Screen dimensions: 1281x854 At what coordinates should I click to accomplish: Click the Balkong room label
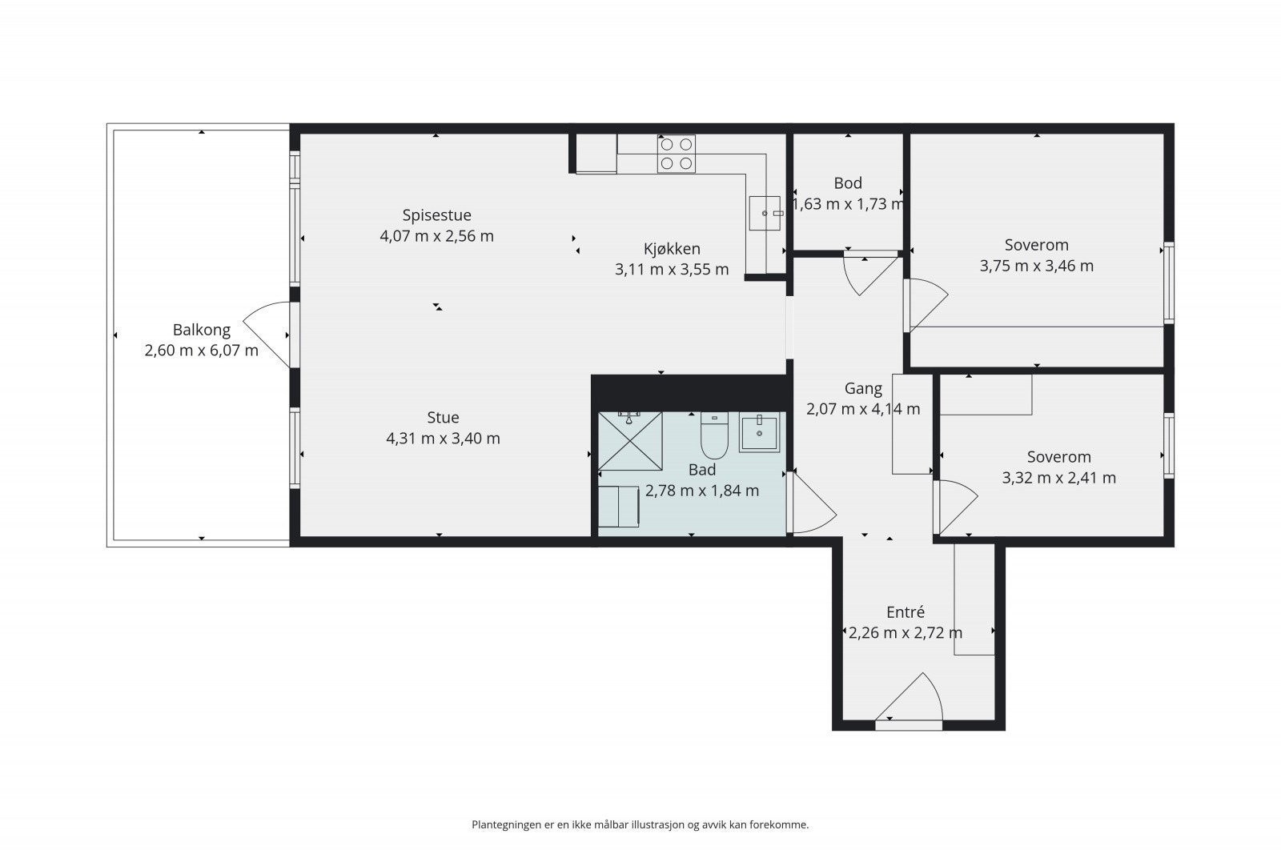point(201,330)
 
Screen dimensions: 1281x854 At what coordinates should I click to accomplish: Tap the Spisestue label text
point(437,215)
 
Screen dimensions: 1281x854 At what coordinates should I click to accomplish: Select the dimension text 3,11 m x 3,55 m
point(672,269)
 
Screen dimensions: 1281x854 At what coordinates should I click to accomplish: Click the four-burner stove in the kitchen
point(677,154)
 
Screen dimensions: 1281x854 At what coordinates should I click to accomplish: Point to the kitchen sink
point(765,213)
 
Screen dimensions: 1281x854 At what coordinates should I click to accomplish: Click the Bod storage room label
point(848,183)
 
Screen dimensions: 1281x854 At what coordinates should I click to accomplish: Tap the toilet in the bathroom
point(714,435)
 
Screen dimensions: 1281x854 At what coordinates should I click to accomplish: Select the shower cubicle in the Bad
point(630,441)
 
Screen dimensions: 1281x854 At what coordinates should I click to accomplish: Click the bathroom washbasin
point(760,433)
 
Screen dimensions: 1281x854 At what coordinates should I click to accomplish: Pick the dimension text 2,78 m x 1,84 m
point(702,491)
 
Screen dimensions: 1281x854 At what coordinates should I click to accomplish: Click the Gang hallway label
point(864,389)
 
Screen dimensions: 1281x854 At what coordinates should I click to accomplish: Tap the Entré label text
point(906,612)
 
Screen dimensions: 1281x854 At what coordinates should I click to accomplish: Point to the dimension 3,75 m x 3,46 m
point(1037,267)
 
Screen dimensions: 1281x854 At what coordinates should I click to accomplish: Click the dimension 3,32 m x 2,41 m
point(1059,478)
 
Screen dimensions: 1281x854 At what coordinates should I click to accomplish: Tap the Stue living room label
point(444,418)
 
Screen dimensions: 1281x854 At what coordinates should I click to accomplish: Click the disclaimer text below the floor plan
point(640,825)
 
